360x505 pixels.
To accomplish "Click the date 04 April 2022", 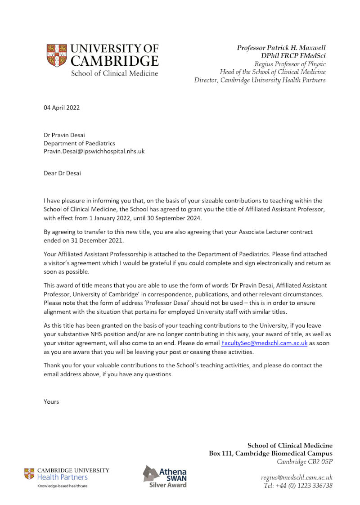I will click(x=62, y=108).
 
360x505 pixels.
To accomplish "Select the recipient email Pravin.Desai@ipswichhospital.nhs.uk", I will click(x=94, y=152).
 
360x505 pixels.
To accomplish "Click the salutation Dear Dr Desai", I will click(x=62, y=173).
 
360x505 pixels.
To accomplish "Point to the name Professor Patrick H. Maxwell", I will click(x=281, y=48).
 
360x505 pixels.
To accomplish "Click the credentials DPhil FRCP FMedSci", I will click(x=293, y=56).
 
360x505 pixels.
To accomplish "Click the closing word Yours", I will click(x=51, y=401).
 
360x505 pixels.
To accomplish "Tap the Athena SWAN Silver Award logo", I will click(x=165, y=476).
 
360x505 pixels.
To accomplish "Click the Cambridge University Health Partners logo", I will click(x=67, y=476).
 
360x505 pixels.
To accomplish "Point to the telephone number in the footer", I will click(x=298, y=485).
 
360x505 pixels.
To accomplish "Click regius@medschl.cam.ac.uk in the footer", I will click(x=297, y=477).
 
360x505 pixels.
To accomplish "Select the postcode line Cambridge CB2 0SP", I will click(x=305, y=462).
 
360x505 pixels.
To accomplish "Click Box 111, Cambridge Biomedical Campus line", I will click(x=270, y=453).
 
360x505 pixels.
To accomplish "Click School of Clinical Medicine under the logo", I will click(x=114, y=73).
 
